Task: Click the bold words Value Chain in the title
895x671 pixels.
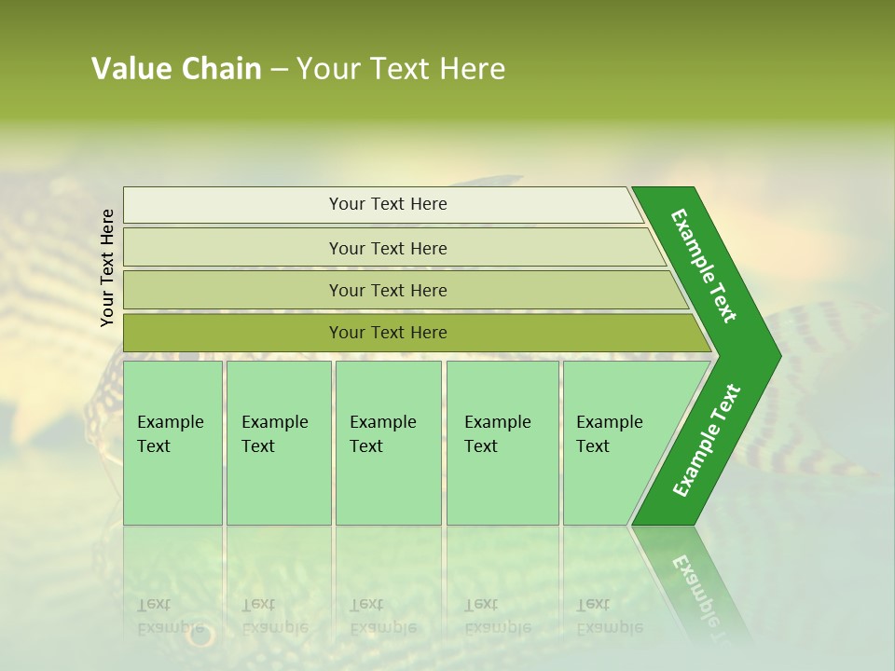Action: click(x=176, y=69)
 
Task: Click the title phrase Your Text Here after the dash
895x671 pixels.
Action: click(x=401, y=69)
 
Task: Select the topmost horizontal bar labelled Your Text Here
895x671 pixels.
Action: click(x=387, y=204)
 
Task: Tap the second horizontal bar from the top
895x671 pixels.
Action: click(x=387, y=248)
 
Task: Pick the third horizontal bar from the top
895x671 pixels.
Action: click(x=387, y=291)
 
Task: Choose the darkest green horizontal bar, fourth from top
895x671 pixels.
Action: click(x=387, y=333)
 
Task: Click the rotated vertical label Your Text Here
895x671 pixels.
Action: click(x=107, y=267)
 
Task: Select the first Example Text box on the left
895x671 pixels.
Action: click(x=172, y=443)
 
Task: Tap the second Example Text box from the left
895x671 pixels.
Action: click(x=278, y=443)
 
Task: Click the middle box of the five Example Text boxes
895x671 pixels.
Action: click(x=388, y=443)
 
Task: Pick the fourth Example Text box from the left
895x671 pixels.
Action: click(x=502, y=443)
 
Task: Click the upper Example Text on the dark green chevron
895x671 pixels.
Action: click(x=705, y=266)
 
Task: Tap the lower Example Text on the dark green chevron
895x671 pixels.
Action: click(x=706, y=441)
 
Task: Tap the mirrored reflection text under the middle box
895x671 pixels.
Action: click(x=382, y=616)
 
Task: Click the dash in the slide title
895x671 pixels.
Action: click(x=279, y=70)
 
